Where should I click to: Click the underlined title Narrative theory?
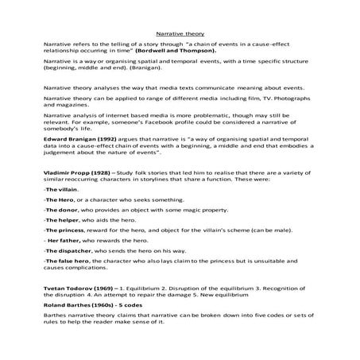[x=180, y=35]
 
